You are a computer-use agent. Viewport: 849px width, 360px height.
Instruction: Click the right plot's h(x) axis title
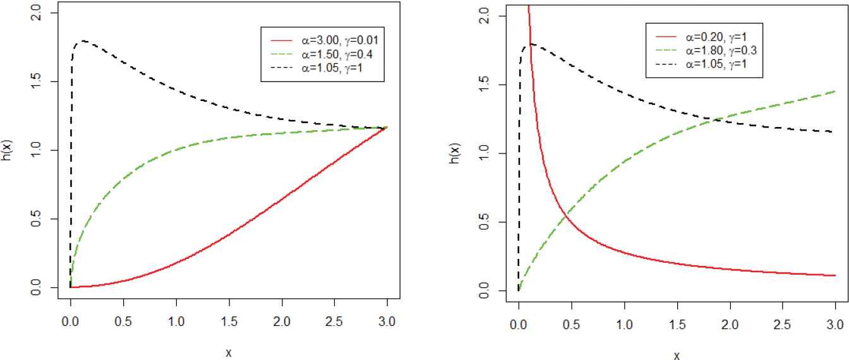point(454,153)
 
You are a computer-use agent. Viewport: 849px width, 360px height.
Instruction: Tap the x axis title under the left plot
point(228,352)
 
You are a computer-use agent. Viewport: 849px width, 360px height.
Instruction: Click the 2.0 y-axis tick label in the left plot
point(37,12)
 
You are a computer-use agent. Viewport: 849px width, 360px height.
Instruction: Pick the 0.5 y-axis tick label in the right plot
point(484,222)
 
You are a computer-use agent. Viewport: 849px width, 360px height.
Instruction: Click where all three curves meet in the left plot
point(386,128)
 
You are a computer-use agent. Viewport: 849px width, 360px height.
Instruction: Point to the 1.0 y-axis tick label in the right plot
point(484,153)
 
